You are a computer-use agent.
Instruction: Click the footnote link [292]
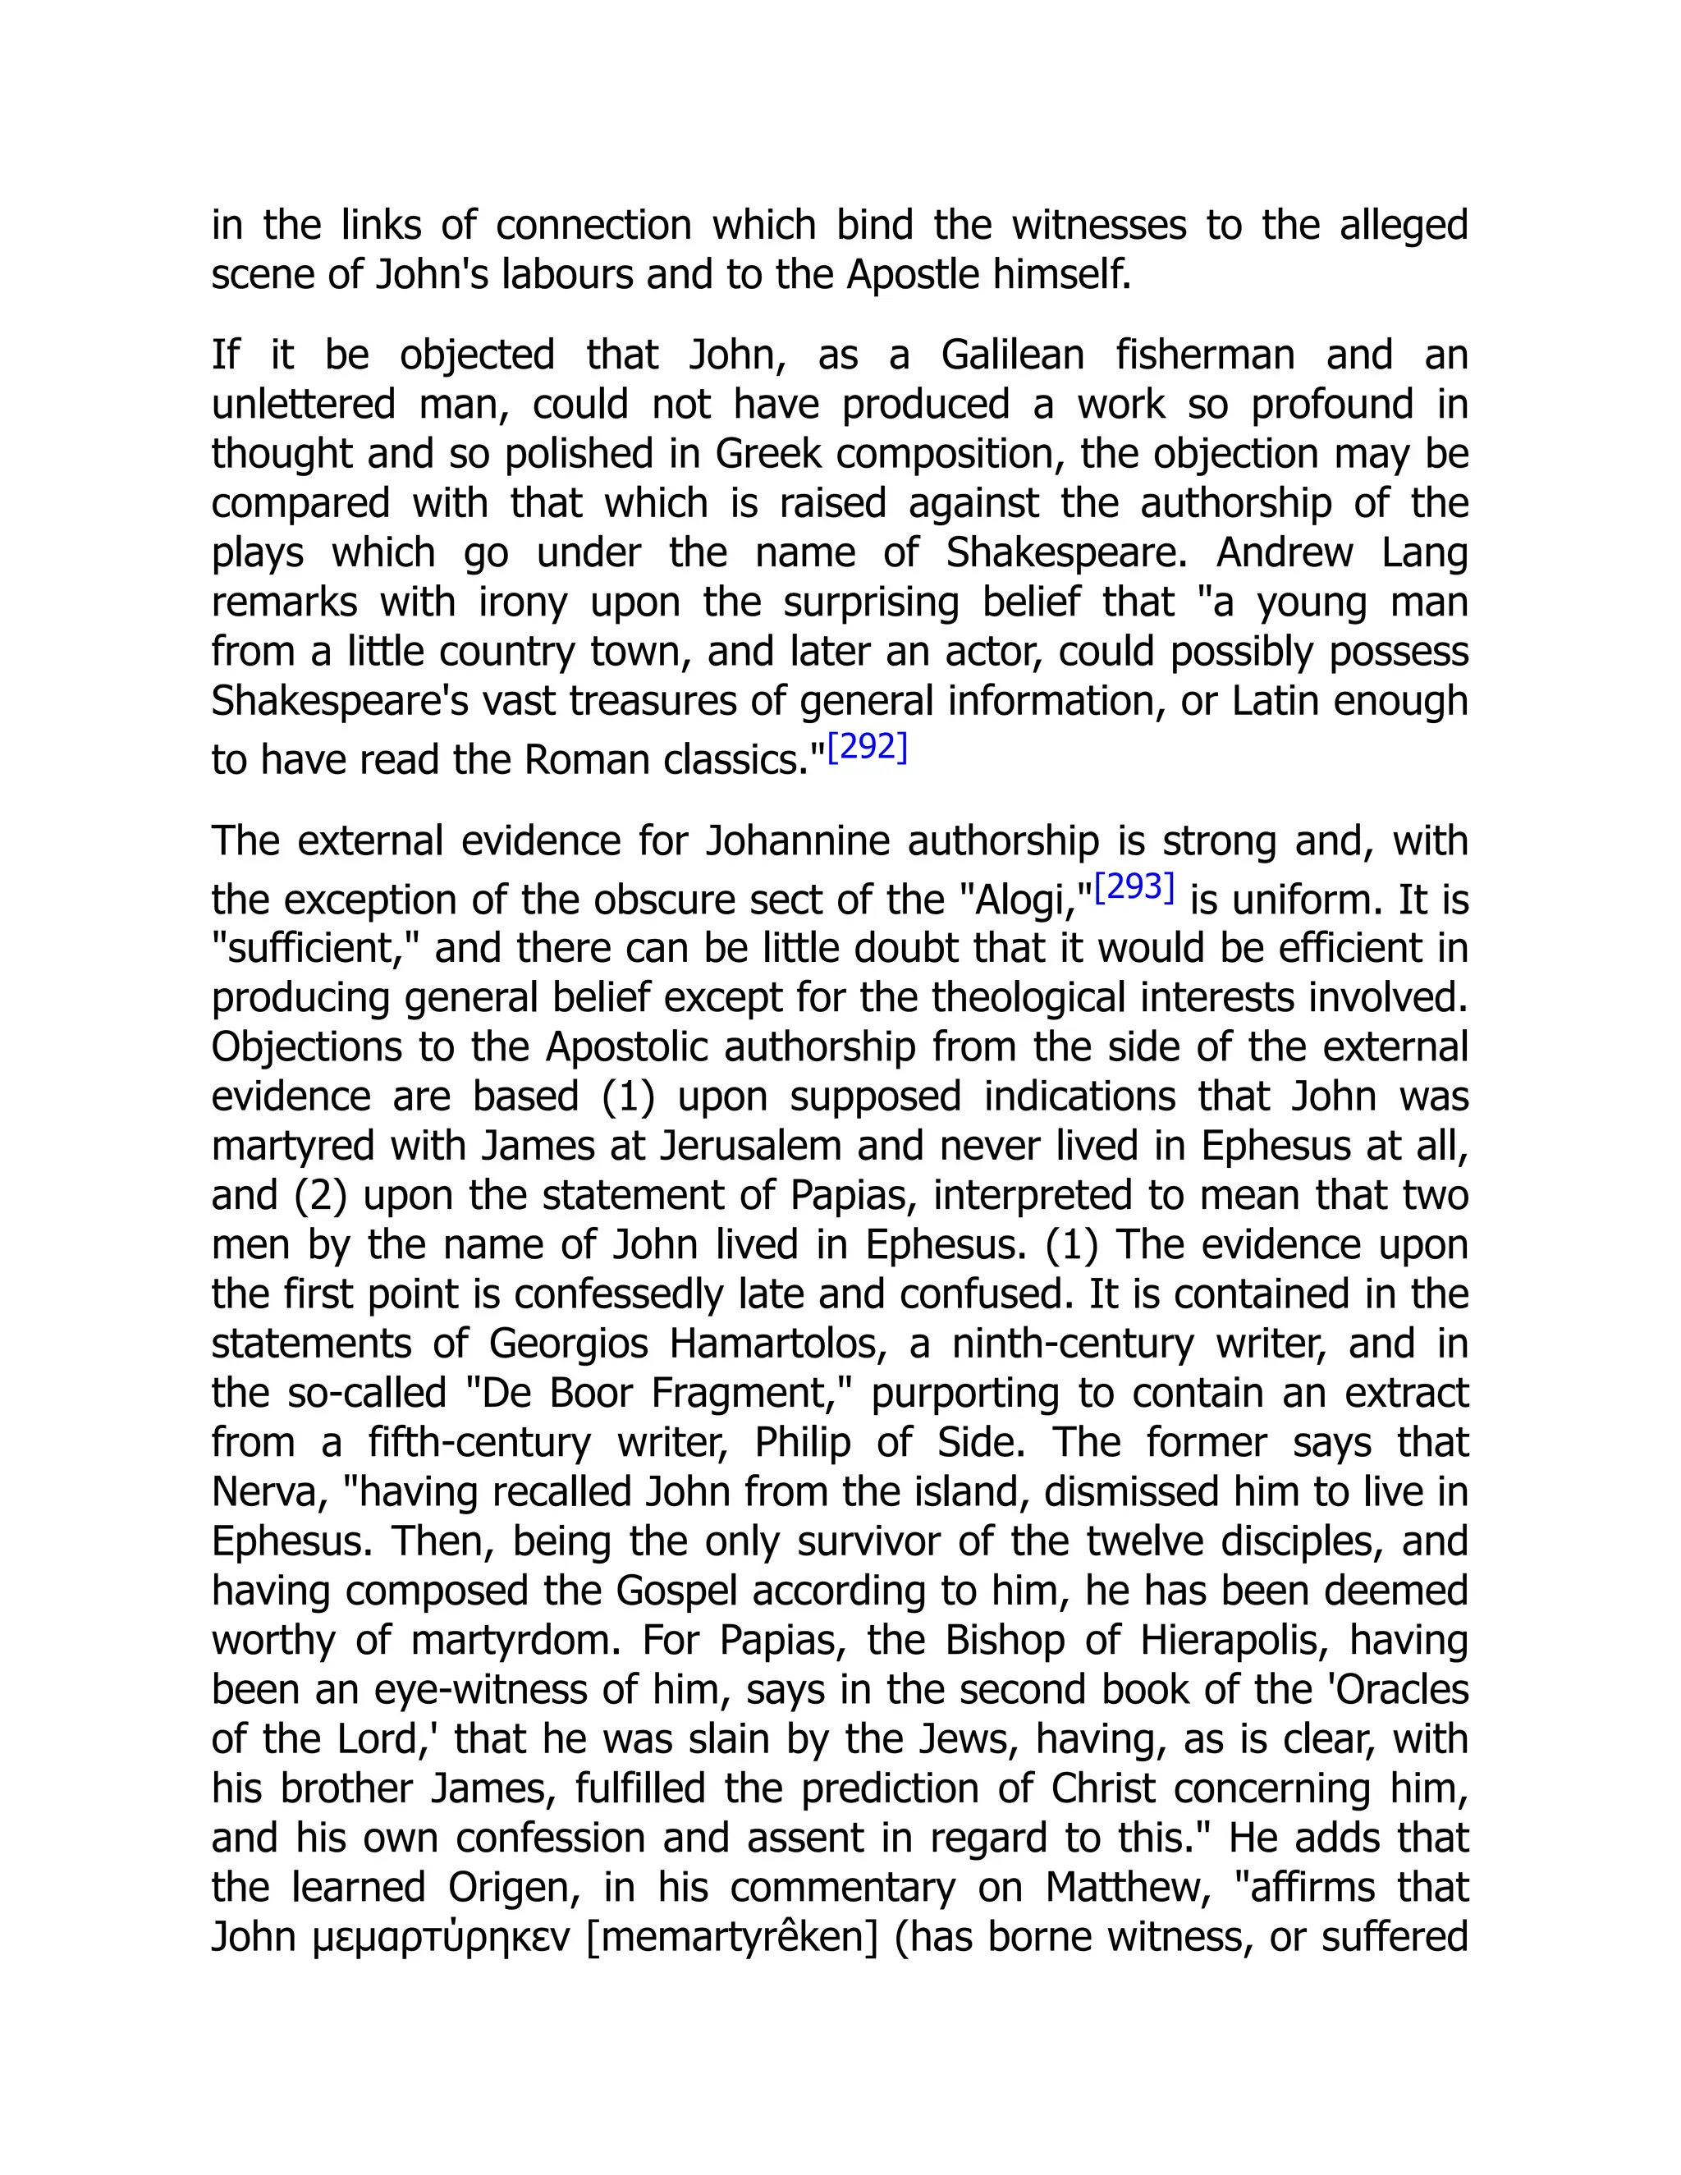click(x=868, y=747)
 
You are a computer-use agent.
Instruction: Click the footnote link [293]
click(x=1134, y=886)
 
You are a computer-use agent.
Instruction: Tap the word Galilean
click(x=1012, y=355)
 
